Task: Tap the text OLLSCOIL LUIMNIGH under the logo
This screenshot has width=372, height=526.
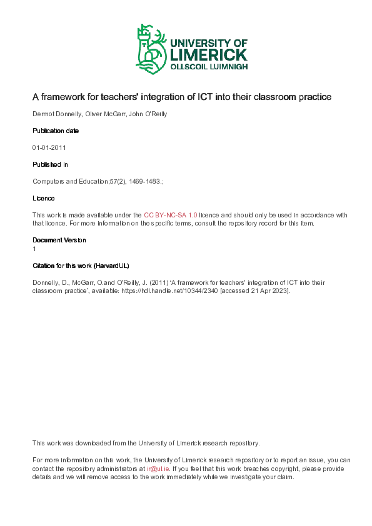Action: [209, 67]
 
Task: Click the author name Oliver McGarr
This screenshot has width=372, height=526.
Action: [104, 114]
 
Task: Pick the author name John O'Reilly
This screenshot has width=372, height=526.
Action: [148, 114]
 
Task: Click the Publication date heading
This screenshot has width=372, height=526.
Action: [56, 131]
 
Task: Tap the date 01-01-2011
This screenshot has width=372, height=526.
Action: [49, 148]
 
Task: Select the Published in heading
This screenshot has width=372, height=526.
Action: [50, 164]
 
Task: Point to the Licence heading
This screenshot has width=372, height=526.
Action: [43, 198]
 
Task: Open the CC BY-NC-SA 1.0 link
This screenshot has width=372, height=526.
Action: [170, 215]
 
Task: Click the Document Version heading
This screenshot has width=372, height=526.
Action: [59, 240]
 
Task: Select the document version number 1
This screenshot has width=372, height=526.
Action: [34, 249]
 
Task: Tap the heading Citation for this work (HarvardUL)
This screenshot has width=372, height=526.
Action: [81, 265]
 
